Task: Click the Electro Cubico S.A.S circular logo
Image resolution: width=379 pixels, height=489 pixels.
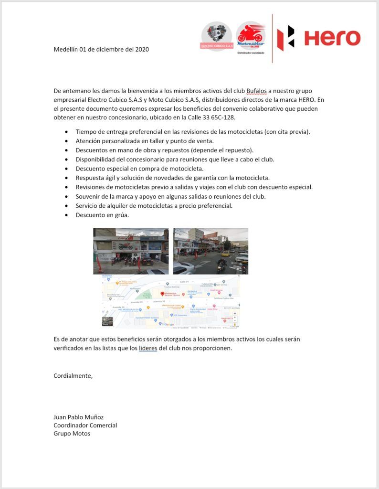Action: [x=216, y=36]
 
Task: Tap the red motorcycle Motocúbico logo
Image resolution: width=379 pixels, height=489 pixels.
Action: [x=251, y=35]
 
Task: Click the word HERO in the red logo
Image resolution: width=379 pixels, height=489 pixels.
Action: [x=332, y=38]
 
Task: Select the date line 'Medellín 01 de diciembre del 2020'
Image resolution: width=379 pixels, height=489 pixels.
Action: [x=101, y=49]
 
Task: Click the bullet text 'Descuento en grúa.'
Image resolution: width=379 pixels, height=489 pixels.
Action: [x=102, y=215]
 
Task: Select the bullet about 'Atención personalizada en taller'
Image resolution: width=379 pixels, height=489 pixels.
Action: [x=145, y=141]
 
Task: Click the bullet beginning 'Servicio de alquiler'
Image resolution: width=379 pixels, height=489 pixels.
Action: [x=154, y=206]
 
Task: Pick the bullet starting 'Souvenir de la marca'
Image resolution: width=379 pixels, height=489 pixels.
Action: [x=170, y=196]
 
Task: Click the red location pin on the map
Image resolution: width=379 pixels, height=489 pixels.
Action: [x=162, y=294]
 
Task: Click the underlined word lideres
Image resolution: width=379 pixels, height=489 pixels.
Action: [x=147, y=348]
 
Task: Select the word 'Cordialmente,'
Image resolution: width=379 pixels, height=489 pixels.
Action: [x=73, y=375]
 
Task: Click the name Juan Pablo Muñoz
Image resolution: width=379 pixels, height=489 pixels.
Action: [x=78, y=417]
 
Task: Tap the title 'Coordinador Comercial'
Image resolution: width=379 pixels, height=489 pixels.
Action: [x=85, y=425]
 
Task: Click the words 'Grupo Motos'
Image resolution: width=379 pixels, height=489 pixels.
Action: [x=72, y=433]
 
